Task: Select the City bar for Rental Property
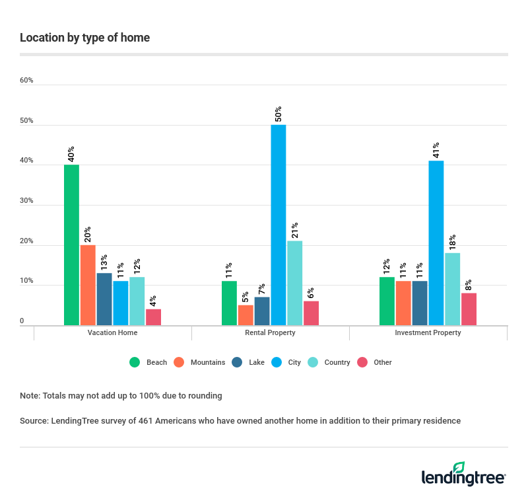click(x=278, y=225)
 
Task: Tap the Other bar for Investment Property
click(x=469, y=309)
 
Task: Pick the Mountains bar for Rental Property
click(x=246, y=315)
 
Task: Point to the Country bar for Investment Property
click(x=452, y=289)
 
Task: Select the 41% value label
click(x=436, y=149)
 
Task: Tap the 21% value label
click(x=294, y=229)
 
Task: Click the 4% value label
click(x=153, y=301)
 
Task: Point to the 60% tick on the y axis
click(x=26, y=81)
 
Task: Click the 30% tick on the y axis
click(x=26, y=201)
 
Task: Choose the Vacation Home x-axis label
click(x=112, y=332)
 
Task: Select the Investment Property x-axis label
click(x=428, y=332)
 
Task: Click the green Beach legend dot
click(x=135, y=362)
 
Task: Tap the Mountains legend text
click(x=208, y=362)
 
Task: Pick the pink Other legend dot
click(x=362, y=362)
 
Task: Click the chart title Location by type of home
click(x=84, y=38)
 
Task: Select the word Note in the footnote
click(x=29, y=396)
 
